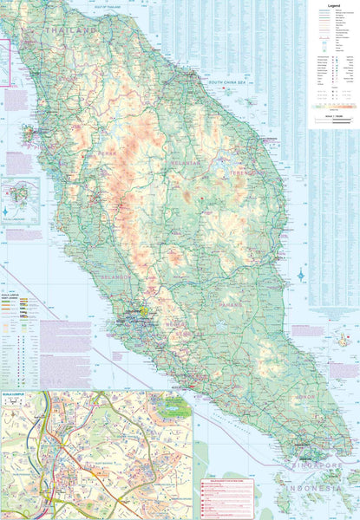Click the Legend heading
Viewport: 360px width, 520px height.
pos(333,4)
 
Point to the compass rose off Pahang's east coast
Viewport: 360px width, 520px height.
pos(300,276)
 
